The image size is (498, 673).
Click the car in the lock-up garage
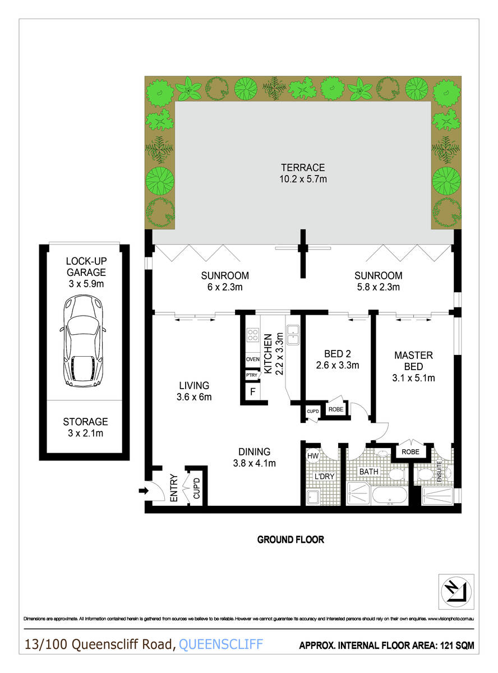(x=83, y=341)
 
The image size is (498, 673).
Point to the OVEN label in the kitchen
(x=252, y=359)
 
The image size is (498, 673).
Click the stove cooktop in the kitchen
(x=252, y=335)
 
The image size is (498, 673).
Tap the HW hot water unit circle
(x=312, y=456)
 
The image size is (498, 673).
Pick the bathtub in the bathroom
(x=389, y=495)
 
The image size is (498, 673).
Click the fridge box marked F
(x=252, y=392)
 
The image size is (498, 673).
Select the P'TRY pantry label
(x=252, y=375)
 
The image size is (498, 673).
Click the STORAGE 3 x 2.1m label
(x=85, y=427)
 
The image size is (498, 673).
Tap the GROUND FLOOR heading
(x=290, y=540)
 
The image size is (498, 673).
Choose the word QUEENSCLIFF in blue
(x=221, y=644)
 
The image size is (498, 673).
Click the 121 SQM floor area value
(x=457, y=646)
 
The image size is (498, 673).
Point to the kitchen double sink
(x=293, y=335)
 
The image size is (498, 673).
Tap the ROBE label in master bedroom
(x=411, y=452)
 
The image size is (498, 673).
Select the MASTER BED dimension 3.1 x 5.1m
(x=413, y=378)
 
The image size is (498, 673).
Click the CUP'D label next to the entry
(x=196, y=488)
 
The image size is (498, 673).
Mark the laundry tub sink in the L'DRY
(x=313, y=497)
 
